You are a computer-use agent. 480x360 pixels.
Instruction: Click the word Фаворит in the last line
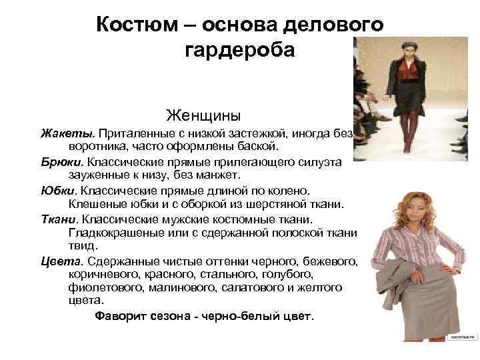point(122,315)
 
